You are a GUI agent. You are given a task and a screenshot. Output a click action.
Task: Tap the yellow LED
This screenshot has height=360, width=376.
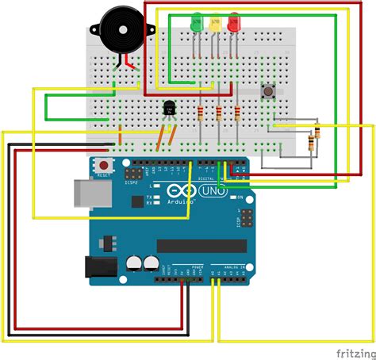pyautogui.click(x=215, y=22)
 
